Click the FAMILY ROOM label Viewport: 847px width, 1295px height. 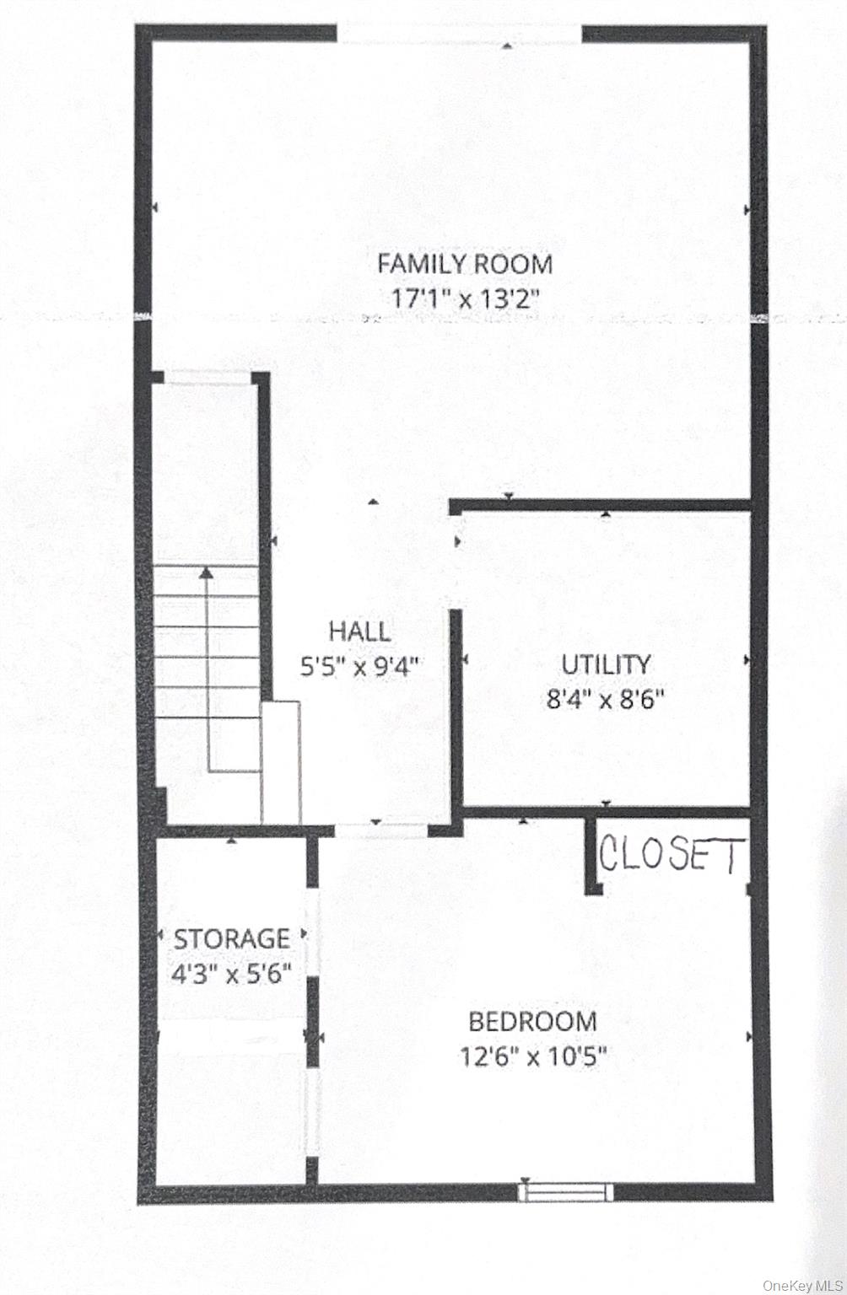pyautogui.click(x=465, y=264)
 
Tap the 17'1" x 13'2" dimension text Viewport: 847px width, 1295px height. pyautogui.click(x=465, y=299)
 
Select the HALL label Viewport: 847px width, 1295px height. pyautogui.click(x=359, y=631)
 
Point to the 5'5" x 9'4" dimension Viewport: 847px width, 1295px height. pyautogui.click(x=359, y=668)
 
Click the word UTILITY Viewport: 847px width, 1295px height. pyautogui.click(x=606, y=665)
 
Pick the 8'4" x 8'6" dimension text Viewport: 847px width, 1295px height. pyautogui.click(x=605, y=701)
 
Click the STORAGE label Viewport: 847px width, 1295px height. pyautogui.click(x=231, y=939)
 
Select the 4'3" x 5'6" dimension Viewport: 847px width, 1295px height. pyautogui.click(x=231, y=975)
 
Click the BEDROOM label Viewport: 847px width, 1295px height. pyautogui.click(x=532, y=1022)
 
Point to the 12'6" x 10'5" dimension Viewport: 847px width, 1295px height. pyautogui.click(x=533, y=1057)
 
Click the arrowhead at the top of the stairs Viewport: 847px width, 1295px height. pyautogui.click(x=206, y=573)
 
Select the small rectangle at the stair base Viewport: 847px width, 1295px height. pyautogui.click(x=281, y=762)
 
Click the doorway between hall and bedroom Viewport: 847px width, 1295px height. pyautogui.click(x=381, y=830)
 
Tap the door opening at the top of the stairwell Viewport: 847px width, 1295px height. pyautogui.click(x=208, y=377)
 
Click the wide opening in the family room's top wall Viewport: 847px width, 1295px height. pyautogui.click(x=459, y=34)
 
